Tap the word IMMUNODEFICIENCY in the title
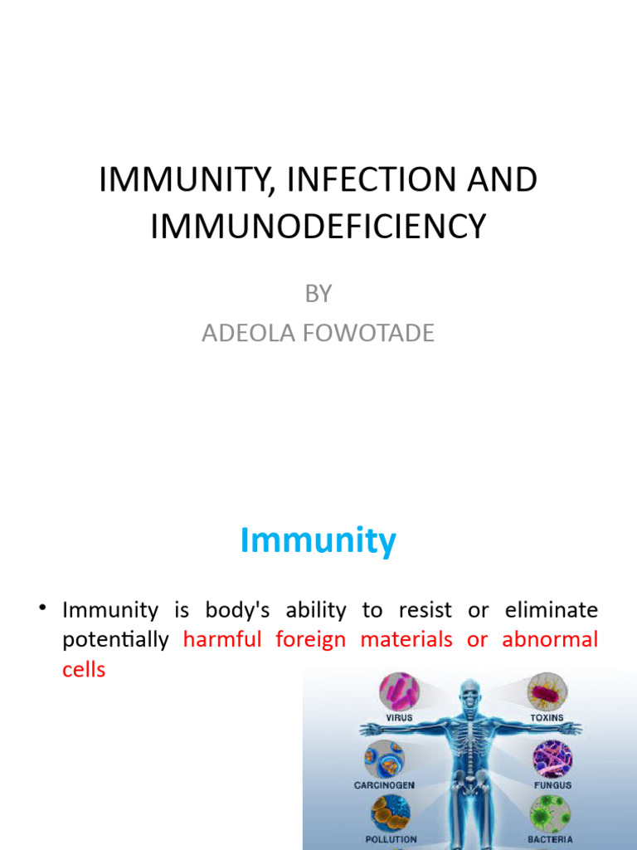tap(318, 226)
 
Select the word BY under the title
tap(318, 293)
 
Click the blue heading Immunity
tap(318, 541)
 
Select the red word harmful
tap(222, 640)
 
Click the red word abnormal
tap(550, 640)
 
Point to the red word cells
tap(84, 670)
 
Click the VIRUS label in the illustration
tap(400, 717)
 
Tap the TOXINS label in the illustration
tap(547, 717)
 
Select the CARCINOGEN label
tap(384, 784)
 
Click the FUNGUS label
tap(552, 784)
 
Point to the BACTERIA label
tap(550, 839)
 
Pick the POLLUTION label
tap(391, 839)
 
